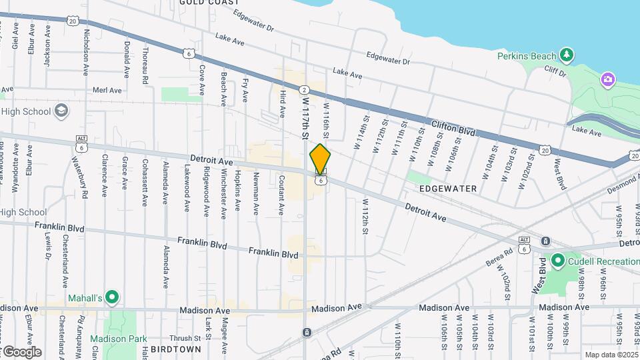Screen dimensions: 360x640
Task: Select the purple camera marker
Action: tap(607, 80)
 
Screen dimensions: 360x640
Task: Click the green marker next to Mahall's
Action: tap(112, 297)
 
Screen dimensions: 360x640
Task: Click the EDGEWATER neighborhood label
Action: tap(448, 189)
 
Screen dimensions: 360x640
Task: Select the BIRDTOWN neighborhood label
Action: tap(176, 349)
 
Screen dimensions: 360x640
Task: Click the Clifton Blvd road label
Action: tap(453, 128)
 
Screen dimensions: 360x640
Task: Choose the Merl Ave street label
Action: tap(107, 90)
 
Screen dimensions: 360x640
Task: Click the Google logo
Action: tap(21, 351)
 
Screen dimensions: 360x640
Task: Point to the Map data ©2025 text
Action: tap(611, 355)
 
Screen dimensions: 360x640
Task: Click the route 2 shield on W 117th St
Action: tap(304, 90)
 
